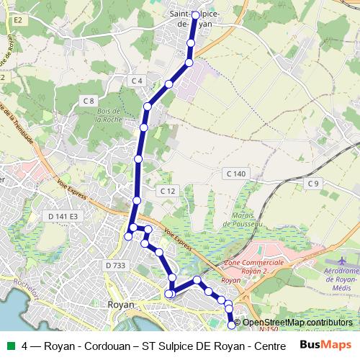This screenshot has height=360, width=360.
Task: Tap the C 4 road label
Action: click(x=137, y=80)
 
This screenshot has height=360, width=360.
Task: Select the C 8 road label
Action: click(x=89, y=101)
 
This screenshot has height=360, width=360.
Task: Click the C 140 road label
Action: click(x=235, y=174)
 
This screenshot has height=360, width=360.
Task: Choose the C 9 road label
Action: click(x=312, y=184)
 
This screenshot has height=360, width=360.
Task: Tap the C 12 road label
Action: click(x=167, y=191)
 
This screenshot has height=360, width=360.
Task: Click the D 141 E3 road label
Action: click(x=63, y=216)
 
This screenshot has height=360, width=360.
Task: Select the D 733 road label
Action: click(x=115, y=266)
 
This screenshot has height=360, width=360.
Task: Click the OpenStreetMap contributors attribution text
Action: click(x=297, y=322)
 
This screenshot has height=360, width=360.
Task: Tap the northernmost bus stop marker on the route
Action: click(x=195, y=14)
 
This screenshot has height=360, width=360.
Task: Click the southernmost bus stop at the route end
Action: click(x=232, y=325)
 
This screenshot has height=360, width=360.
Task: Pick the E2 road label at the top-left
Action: click(x=18, y=21)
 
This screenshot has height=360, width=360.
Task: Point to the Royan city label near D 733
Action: click(x=120, y=305)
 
